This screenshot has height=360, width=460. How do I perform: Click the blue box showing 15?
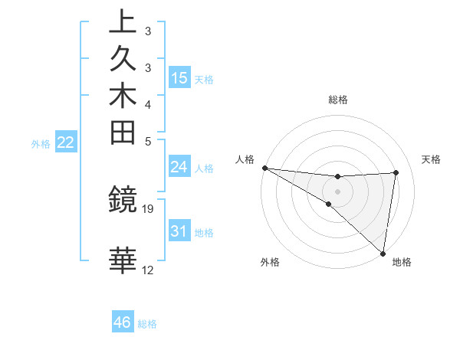pos(179,77)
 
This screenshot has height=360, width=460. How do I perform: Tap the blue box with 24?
pos(179,167)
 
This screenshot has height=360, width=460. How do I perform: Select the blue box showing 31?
pos(179,231)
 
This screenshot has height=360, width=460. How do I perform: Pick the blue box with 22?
pos(66,142)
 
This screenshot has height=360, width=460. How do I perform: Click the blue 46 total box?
pos(123,322)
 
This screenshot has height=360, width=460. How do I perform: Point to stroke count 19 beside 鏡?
pos(148,208)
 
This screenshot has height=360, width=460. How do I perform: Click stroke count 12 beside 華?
pos(148,270)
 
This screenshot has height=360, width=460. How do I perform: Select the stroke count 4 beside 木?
pos(147,104)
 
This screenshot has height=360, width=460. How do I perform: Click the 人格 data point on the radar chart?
pos(264,167)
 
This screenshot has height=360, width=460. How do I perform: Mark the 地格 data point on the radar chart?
pos(383,253)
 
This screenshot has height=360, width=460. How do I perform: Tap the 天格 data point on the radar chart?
pos(396,172)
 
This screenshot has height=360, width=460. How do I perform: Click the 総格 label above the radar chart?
pos(338,100)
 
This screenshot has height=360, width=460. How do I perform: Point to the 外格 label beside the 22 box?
pos(41,143)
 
